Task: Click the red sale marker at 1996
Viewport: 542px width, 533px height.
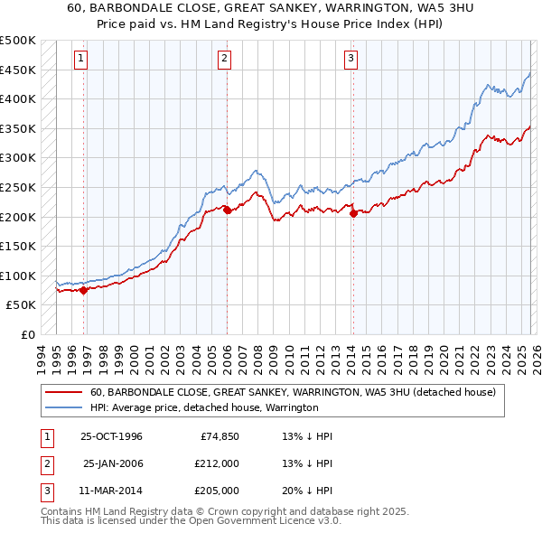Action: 84,290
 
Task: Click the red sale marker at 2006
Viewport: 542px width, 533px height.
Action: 227,210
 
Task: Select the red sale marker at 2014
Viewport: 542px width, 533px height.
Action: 352,213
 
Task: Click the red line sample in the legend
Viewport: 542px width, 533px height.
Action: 65,393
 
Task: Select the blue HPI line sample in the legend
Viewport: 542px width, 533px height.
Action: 65,408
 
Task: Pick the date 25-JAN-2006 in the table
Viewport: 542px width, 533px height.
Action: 112,463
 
